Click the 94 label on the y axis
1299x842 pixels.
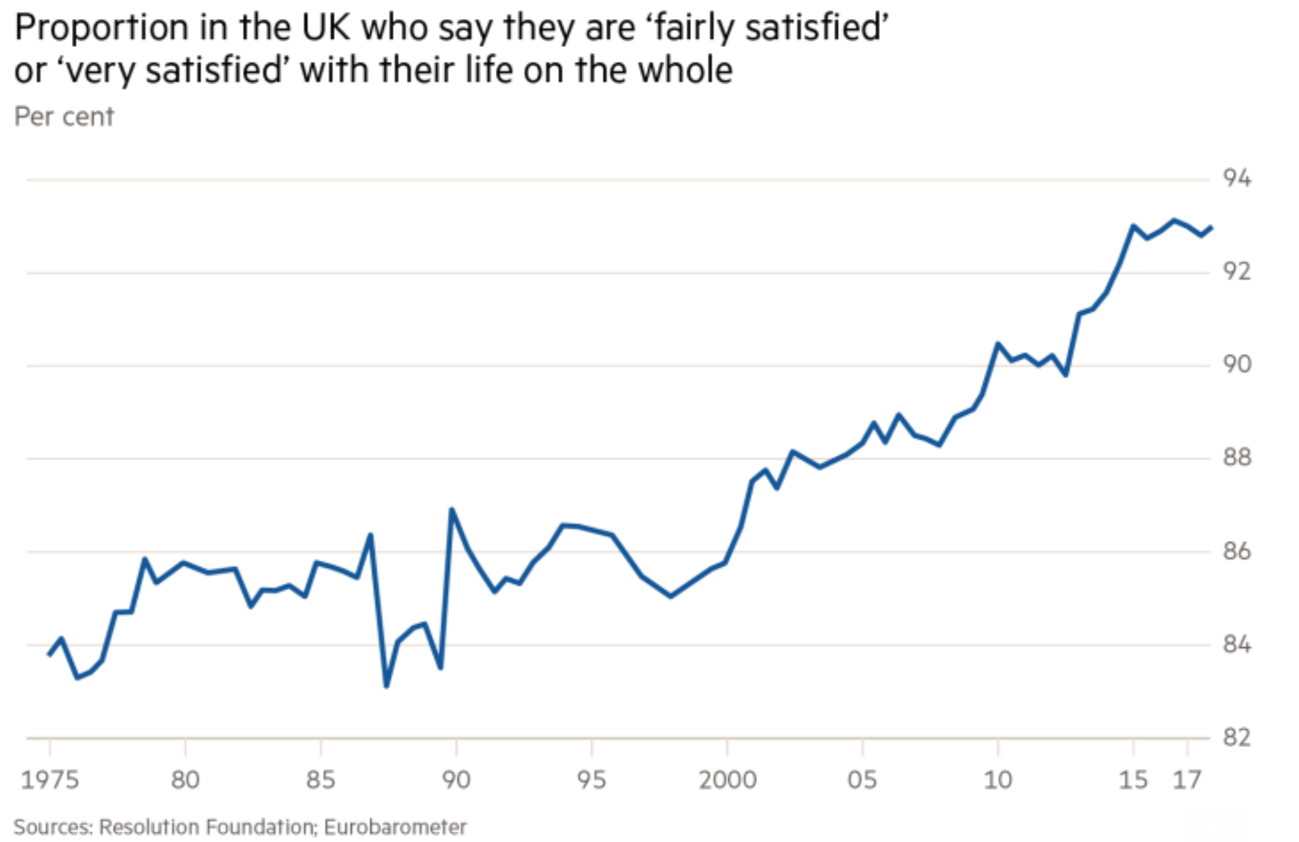(x=1236, y=179)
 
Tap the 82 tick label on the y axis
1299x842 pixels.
(x=1236, y=737)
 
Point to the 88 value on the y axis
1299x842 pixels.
(x=1236, y=458)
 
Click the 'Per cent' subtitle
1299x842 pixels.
(x=64, y=117)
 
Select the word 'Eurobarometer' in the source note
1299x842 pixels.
(x=395, y=827)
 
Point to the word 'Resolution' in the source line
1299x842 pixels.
(x=148, y=827)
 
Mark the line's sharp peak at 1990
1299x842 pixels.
(x=452, y=509)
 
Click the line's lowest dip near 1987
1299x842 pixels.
(x=386, y=686)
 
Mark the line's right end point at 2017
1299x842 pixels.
(x=1211, y=227)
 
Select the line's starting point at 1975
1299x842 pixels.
(x=49, y=655)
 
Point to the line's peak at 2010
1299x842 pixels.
(x=998, y=344)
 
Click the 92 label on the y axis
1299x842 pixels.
(x=1236, y=272)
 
